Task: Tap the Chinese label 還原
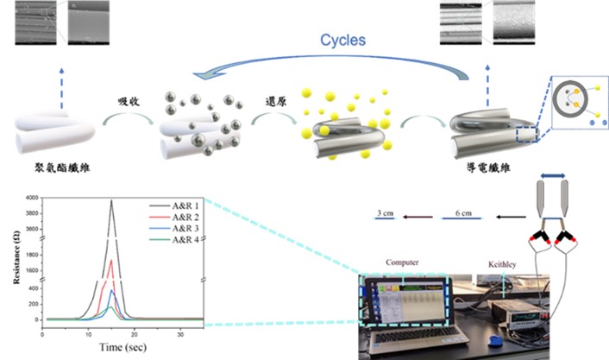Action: tap(275, 100)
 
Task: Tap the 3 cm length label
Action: tap(386, 210)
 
